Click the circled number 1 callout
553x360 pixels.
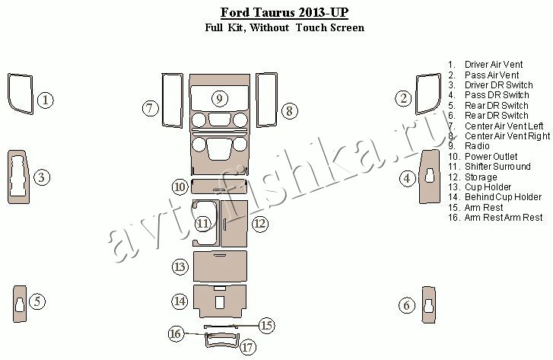[46, 100]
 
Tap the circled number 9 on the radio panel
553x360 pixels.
[219, 98]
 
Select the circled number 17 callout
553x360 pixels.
[247, 347]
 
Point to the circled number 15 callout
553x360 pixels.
[267, 325]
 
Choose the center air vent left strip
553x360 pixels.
[164, 100]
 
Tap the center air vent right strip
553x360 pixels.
[258, 100]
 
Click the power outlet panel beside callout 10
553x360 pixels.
[218, 186]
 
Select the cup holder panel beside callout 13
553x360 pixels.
[220, 267]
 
